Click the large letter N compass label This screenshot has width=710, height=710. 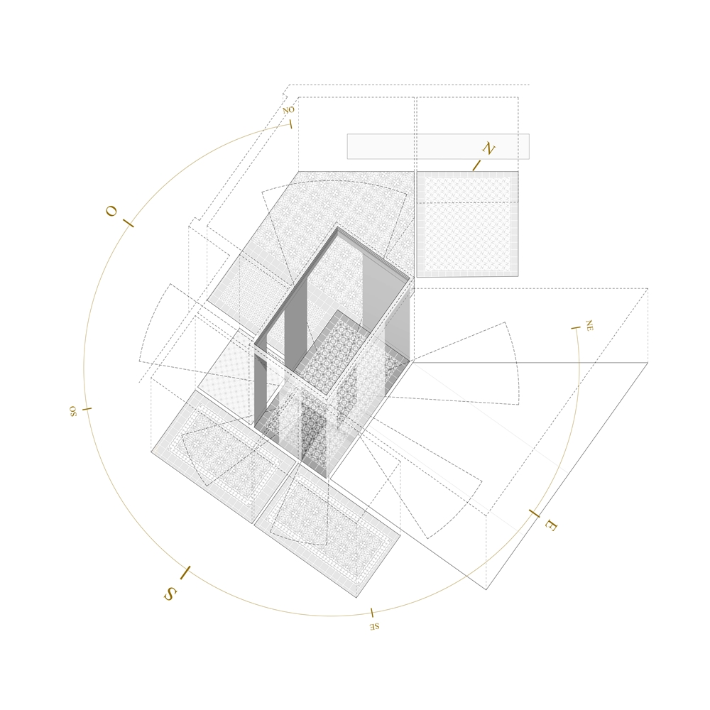[488, 148]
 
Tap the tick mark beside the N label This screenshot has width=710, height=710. [477, 165]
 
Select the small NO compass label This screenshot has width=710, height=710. [288, 110]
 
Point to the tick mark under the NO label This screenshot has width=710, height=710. [290, 124]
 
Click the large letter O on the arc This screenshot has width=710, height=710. [111, 211]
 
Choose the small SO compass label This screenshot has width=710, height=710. [73, 411]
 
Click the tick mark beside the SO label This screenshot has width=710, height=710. [87, 409]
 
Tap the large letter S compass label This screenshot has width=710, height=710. [170, 594]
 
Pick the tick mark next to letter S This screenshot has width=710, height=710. [185, 573]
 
